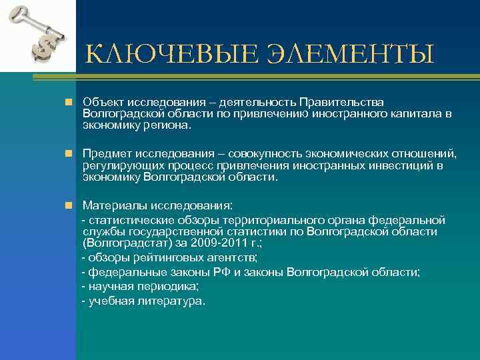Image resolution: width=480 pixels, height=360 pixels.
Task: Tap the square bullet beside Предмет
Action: (x=68, y=153)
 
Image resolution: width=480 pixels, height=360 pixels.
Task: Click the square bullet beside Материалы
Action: (x=68, y=205)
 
